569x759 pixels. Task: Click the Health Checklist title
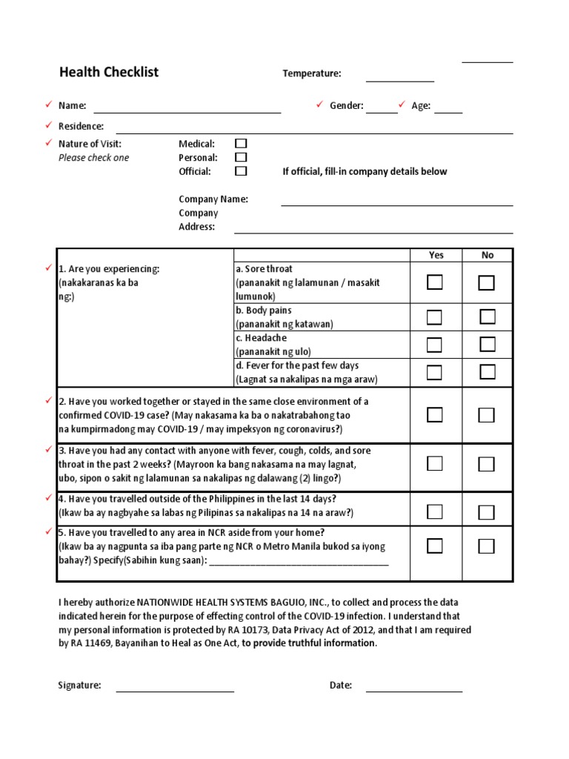109,72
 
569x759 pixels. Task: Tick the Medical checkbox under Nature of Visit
241,144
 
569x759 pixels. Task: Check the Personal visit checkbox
241,157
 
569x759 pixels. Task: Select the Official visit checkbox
241,171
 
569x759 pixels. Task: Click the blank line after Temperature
400,79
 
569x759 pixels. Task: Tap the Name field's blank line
187,111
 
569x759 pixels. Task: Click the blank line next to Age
448,111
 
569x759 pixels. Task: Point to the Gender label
346,106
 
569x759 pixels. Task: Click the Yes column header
436,255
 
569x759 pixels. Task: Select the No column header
488,255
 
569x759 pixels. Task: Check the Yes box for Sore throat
435,282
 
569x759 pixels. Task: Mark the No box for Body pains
487,317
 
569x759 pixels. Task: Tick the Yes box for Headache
435,345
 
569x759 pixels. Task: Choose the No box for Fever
487,372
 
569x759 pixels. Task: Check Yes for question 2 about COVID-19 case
435,415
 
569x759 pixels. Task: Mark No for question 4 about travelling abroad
487,512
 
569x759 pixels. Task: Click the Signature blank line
175,690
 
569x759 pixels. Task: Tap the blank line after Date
414,690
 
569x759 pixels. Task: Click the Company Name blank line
396,204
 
